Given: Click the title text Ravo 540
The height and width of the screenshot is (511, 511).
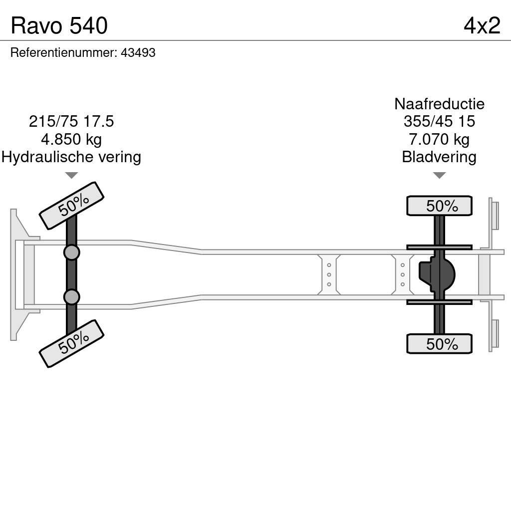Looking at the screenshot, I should (x=59, y=26).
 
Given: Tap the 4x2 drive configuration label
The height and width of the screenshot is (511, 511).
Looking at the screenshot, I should (x=482, y=26).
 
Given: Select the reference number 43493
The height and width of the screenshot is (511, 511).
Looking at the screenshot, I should (x=138, y=53).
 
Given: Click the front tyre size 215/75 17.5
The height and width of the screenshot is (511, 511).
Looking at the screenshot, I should (x=71, y=121).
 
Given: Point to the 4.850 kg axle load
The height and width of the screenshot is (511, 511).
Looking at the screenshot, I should (x=71, y=139).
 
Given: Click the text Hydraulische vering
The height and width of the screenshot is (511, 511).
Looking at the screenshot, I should (x=71, y=157).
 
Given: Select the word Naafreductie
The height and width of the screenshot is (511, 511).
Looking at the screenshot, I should (x=439, y=104).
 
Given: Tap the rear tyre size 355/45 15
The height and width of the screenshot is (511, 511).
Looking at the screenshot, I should (x=439, y=121).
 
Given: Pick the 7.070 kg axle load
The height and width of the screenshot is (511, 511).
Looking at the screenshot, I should (x=439, y=139).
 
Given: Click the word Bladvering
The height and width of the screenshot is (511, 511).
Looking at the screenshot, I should (x=439, y=157).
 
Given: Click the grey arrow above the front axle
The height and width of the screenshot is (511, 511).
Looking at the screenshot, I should (x=71, y=175).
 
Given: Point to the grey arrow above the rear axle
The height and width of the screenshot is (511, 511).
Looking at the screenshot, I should (x=439, y=175).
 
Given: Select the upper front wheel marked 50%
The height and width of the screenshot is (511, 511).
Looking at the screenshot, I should (x=71, y=205).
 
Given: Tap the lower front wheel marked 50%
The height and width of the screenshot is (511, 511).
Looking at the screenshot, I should (x=71, y=343).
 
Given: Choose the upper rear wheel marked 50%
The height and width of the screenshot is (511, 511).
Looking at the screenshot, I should (x=440, y=206).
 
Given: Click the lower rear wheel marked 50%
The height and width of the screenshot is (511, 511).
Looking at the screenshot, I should (x=440, y=344).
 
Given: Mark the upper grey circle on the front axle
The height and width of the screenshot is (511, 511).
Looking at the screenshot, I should (x=72, y=252).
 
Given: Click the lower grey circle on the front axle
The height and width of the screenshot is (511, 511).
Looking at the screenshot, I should (x=72, y=297).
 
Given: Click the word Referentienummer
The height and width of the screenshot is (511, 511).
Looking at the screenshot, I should (x=63, y=53).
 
